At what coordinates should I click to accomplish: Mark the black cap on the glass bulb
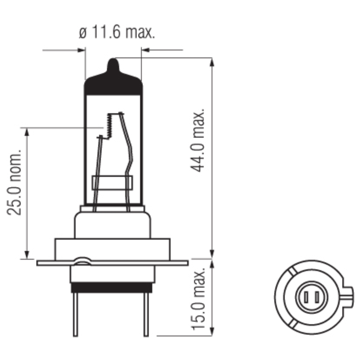coord(113,84)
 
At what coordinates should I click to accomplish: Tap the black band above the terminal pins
coord(111,288)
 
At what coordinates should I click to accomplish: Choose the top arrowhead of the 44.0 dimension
coord(212,62)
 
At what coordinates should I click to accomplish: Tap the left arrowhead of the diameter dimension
coord(82,50)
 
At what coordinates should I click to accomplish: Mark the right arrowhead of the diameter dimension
coord(145,50)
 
